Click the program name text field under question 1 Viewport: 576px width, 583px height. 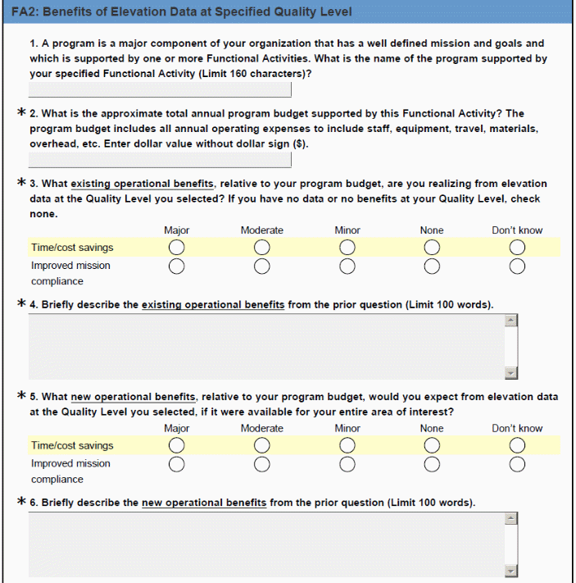click(x=160, y=90)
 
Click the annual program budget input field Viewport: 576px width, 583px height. click(x=160, y=160)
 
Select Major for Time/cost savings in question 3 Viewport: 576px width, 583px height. click(x=176, y=248)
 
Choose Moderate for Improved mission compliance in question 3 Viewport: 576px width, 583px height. click(x=261, y=266)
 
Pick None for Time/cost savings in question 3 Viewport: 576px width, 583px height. click(x=432, y=248)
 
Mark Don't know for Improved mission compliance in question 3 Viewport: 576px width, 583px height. click(x=516, y=266)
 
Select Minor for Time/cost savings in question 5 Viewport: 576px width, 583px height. click(x=347, y=446)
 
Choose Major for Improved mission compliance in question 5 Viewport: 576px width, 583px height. click(x=176, y=464)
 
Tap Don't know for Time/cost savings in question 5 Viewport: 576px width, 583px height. click(x=516, y=446)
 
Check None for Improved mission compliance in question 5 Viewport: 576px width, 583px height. click(x=432, y=464)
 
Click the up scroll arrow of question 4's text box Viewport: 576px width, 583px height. click(x=511, y=321)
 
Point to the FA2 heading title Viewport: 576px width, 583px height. click(x=181, y=12)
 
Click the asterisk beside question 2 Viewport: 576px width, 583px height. click(x=20, y=113)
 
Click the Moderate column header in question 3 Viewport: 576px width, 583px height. click(x=261, y=230)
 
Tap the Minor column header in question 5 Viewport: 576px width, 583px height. click(x=347, y=428)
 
